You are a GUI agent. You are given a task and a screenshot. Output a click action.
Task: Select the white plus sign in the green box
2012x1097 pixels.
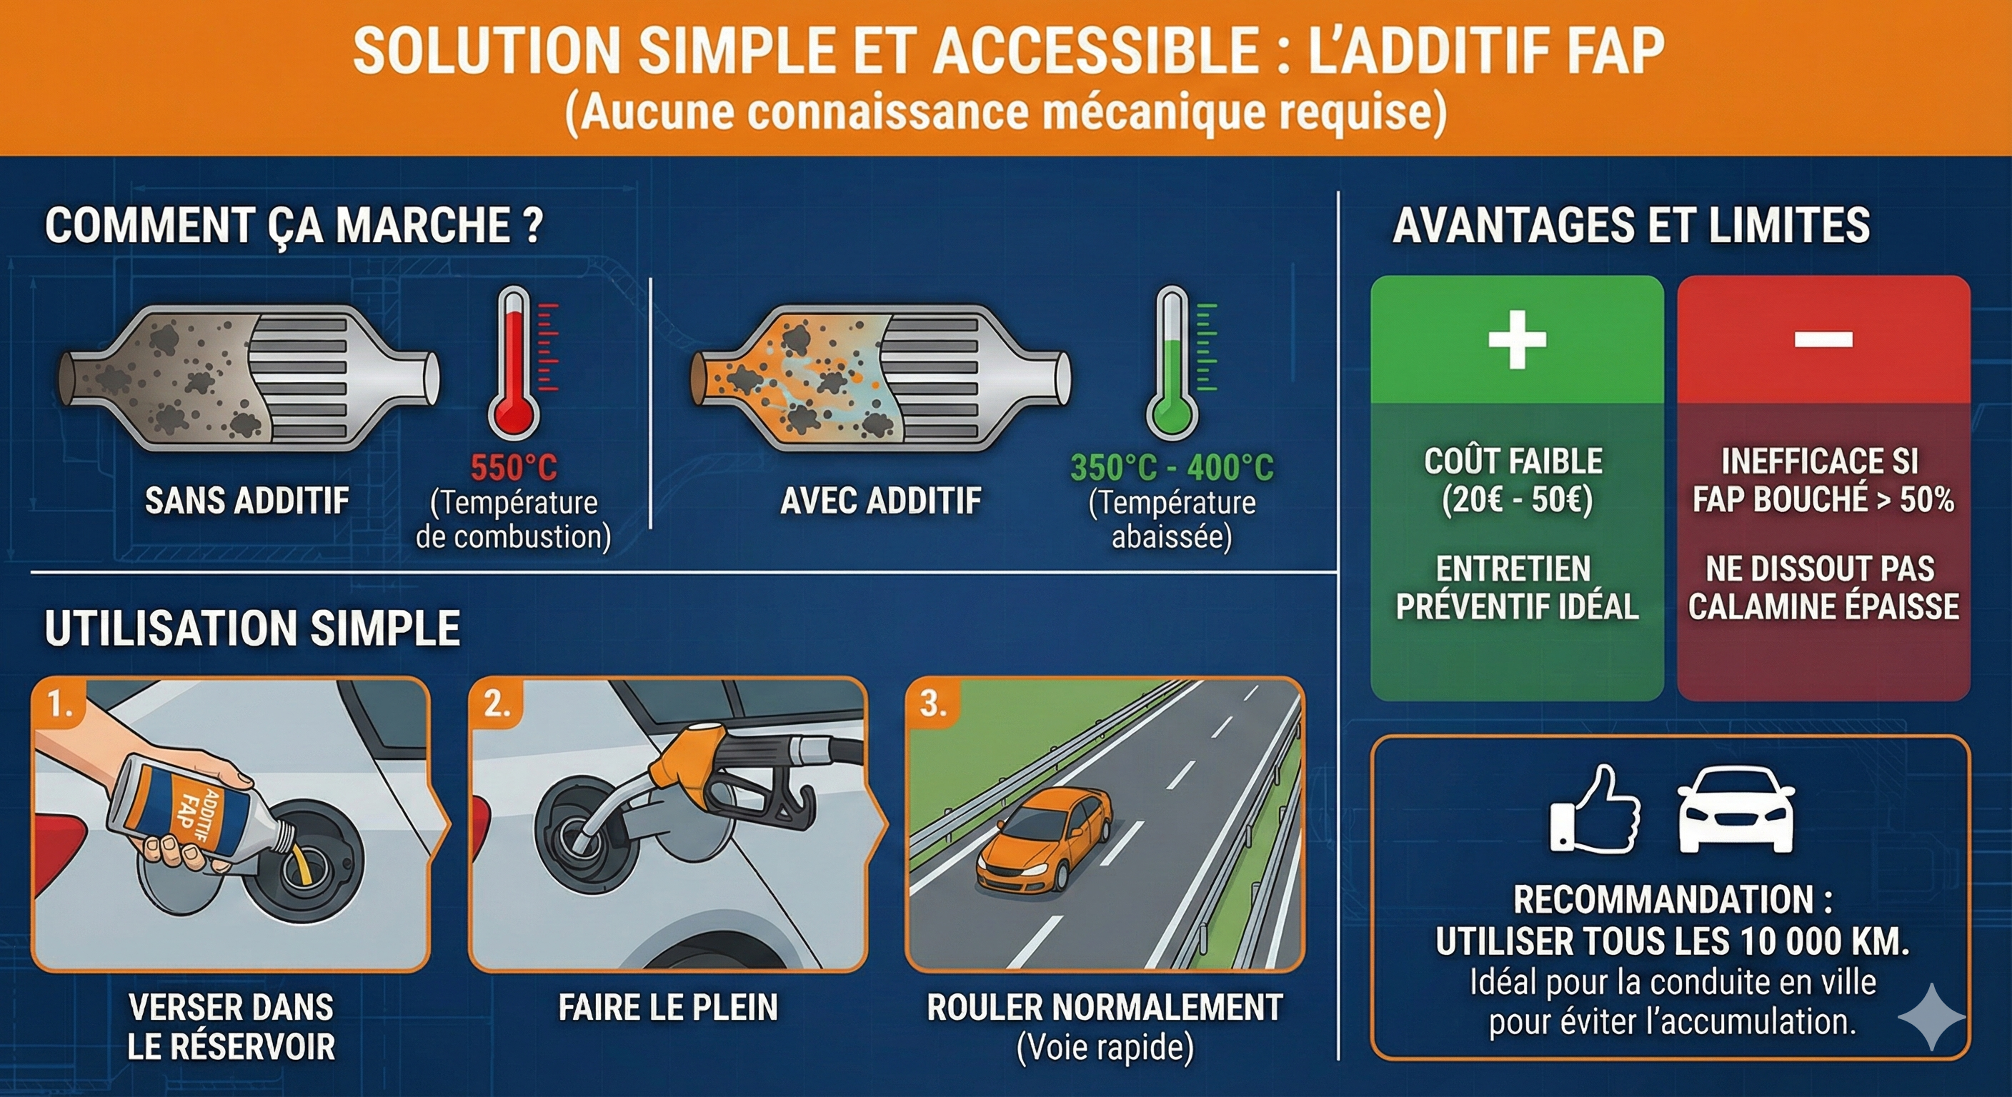pos(1517,339)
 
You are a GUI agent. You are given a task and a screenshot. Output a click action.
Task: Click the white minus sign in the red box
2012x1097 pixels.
pos(1823,339)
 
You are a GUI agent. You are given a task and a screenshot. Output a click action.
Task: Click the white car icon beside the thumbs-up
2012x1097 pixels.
pos(1735,809)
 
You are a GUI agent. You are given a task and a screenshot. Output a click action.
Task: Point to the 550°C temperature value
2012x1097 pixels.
pos(514,468)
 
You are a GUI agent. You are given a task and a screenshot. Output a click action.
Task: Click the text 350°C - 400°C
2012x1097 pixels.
pos(1172,468)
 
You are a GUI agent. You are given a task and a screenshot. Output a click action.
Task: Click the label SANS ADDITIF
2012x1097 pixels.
pos(246,501)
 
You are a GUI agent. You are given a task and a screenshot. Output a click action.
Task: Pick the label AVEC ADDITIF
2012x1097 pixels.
pos(881,501)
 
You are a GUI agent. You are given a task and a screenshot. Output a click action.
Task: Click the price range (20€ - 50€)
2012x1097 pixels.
pos(1517,500)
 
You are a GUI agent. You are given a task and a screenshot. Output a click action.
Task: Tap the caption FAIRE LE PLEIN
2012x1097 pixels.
pos(669,1007)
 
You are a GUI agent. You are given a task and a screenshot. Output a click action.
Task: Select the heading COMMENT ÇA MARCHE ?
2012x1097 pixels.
pos(294,226)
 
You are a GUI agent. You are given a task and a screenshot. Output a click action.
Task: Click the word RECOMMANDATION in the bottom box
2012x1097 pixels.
pos(1661,899)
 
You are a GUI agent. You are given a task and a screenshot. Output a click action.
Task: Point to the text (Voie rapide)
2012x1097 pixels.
pos(1105,1048)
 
